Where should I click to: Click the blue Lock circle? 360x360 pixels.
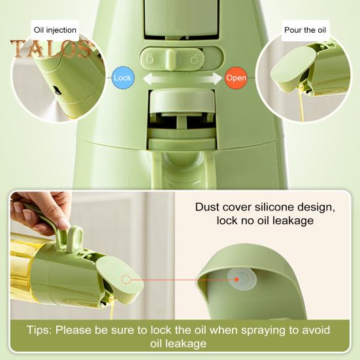click(123, 78)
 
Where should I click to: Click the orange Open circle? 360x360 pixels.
click(236, 78)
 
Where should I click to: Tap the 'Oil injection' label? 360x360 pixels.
click(55, 29)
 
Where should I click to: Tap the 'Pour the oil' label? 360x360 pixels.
click(304, 29)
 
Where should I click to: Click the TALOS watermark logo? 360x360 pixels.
click(50, 50)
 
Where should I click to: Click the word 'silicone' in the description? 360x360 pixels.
click(282, 207)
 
